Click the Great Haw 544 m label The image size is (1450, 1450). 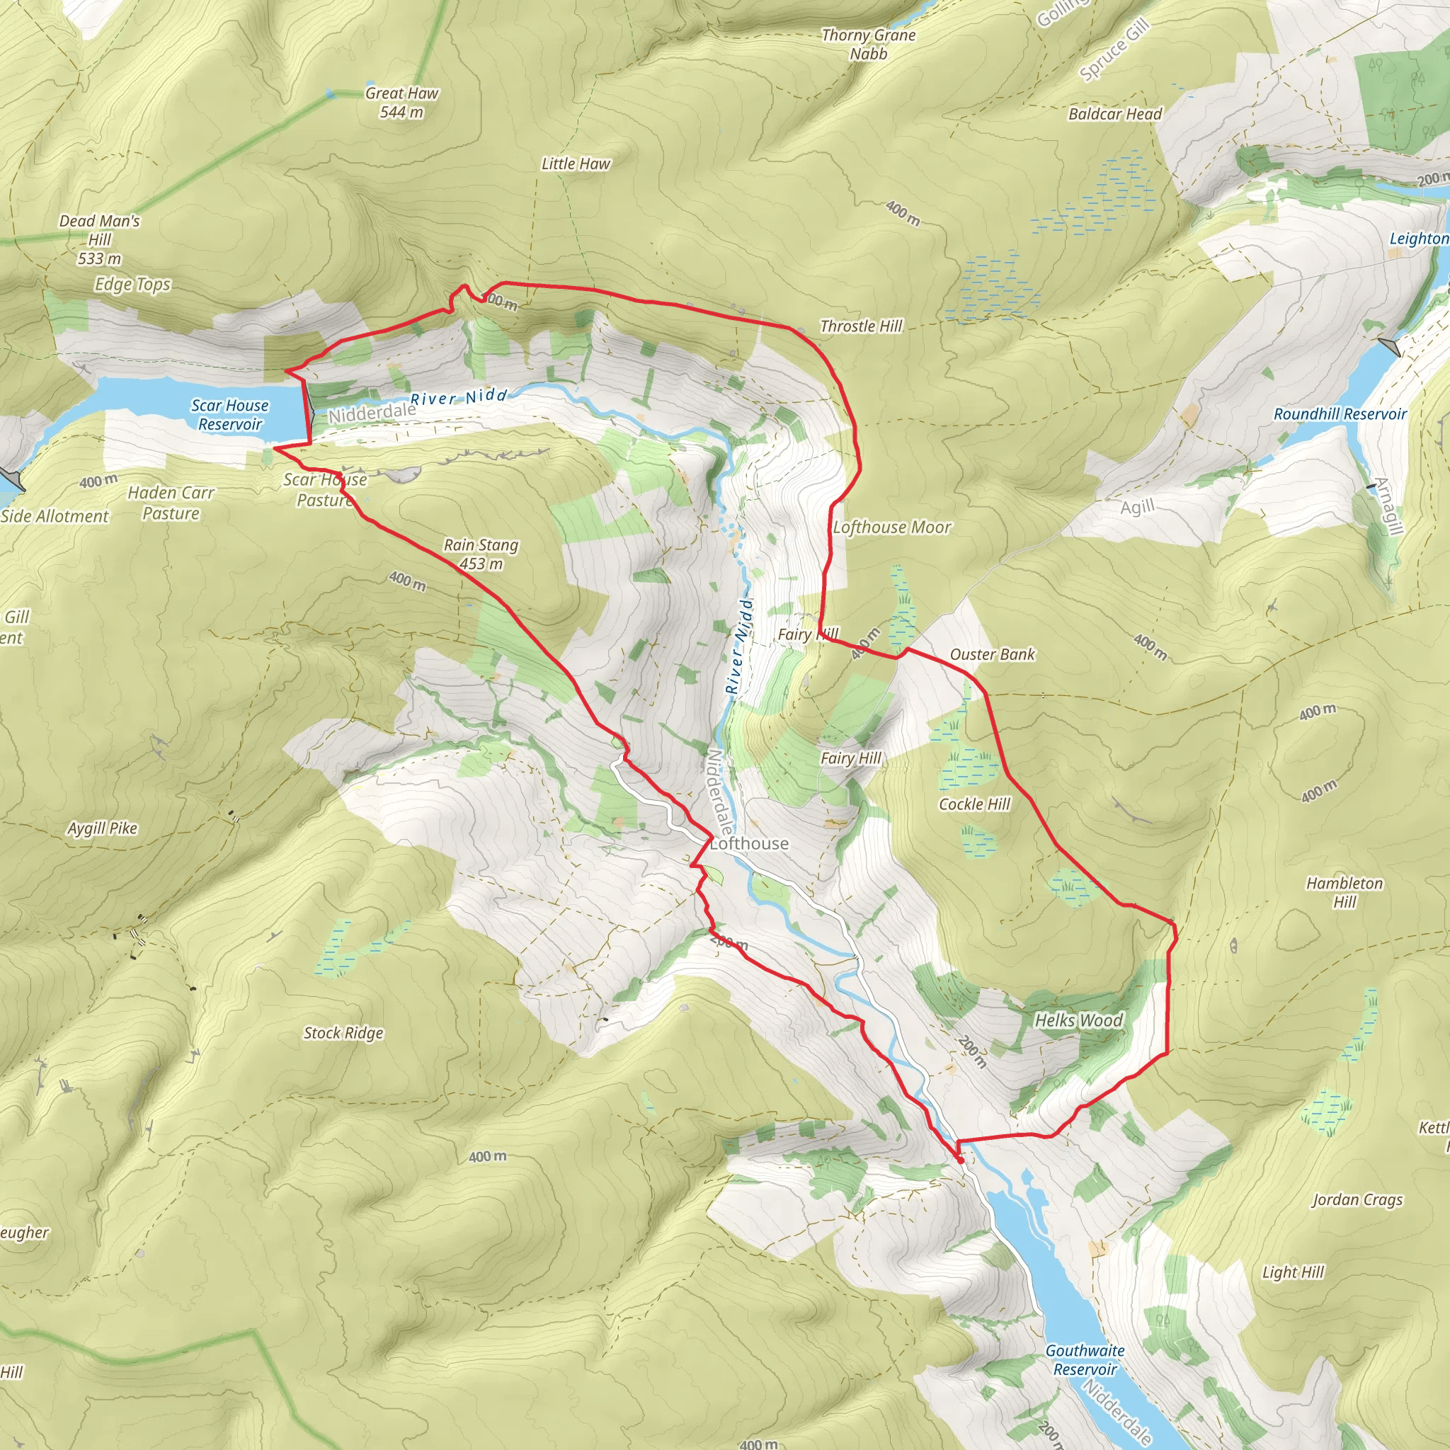[x=401, y=102]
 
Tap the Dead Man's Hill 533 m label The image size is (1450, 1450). [x=99, y=239]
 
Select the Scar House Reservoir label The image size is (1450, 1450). [x=229, y=414]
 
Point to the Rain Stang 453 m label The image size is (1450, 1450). [x=480, y=554]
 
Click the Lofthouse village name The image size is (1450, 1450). [x=749, y=843]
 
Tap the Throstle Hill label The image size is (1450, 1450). [x=861, y=326]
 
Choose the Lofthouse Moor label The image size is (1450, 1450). [x=891, y=527]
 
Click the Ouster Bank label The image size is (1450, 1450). [x=992, y=654]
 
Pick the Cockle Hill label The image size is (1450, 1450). [x=975, y=804]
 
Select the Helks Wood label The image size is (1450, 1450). [x=1078, y=1020]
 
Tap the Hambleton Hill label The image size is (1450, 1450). [x=1345, y=892]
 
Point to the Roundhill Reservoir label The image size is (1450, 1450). [x=1340, y=413]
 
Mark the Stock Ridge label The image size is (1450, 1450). [x=343, y=1033]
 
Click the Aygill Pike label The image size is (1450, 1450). [x=103, y=828]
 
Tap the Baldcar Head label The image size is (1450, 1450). [x=1114, y=113]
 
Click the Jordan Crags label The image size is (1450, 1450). [x=1357, y=1199]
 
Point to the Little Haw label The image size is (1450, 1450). [x=576, y=163]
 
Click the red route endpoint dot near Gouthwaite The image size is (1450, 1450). [x=960, y=1160]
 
